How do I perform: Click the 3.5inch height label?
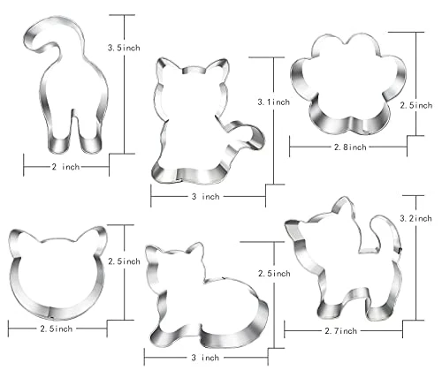[124, 48]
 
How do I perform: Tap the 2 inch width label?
[65, 167]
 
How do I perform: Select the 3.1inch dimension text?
[274, 102]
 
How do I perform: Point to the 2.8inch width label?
[350, 147]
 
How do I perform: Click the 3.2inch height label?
[415, 218]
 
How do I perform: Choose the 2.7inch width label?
[340, 331]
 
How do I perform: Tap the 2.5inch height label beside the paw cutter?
[416, 105]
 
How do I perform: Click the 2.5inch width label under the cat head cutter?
[57, 329]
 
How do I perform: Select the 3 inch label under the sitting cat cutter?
[206, 196]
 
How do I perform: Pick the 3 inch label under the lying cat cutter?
[205, 358]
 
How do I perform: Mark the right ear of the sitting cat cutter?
[218, 69]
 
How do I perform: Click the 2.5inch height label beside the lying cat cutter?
[274, 274]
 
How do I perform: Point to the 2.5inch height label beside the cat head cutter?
[124, 261]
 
